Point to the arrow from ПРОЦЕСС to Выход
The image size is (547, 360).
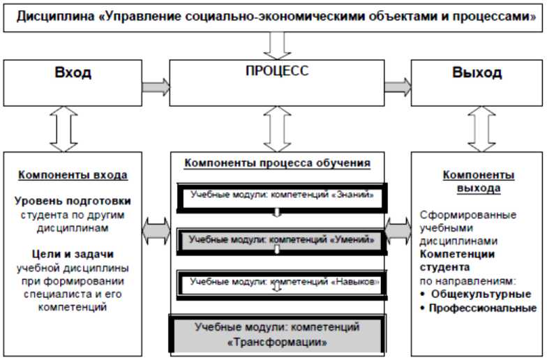(398, 87)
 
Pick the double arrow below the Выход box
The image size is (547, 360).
(479, 132)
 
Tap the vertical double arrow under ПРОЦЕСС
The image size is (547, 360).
(277, 132)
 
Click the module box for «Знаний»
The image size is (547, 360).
(277, 195)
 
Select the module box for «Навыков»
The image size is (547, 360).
(277, 283)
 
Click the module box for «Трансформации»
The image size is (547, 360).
(277, 333)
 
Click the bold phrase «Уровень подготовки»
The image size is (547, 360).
(73, 201)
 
